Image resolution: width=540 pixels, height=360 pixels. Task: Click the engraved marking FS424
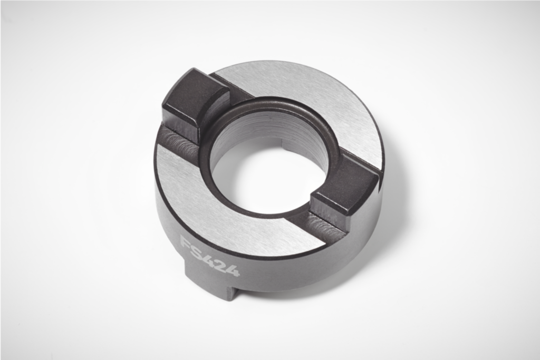pos(210,257)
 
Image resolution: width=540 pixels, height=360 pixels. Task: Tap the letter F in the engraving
pos(186,243)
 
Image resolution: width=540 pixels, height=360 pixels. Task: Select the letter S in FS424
pos(196,250)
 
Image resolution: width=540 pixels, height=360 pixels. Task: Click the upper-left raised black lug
pos(195,100)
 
